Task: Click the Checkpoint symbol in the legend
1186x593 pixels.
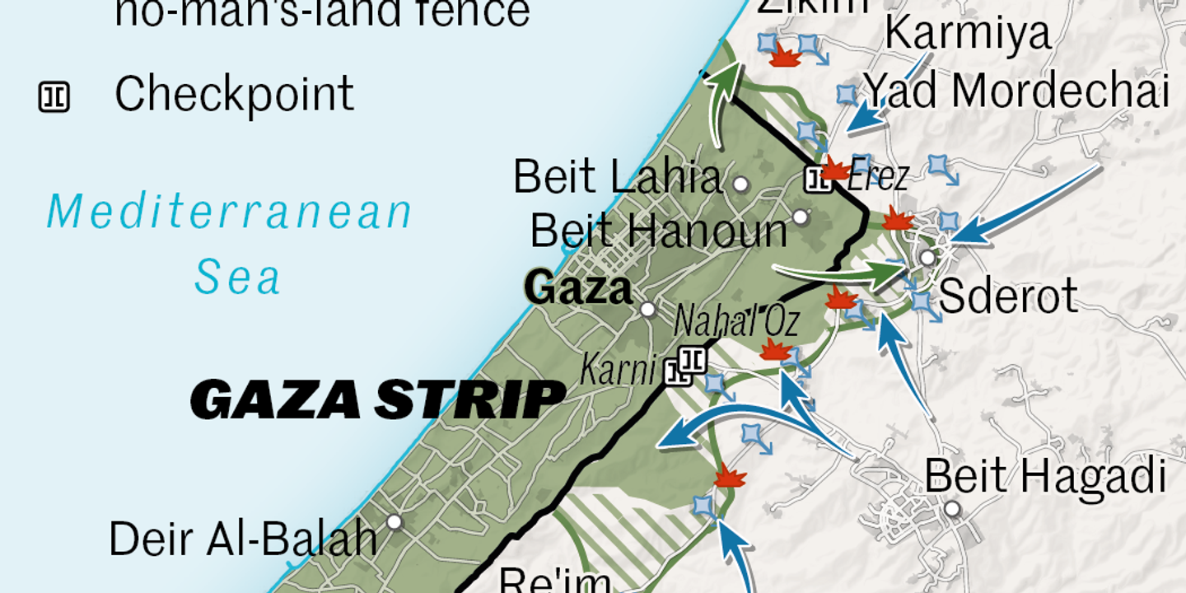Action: tap(54, 97)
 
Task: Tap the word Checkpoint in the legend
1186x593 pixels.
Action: tap(234, 94)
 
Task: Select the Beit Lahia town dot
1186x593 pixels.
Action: tap(740, 184)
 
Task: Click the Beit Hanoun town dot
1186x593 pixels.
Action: tap(800, 217)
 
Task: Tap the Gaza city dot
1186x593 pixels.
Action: tap(648, 310)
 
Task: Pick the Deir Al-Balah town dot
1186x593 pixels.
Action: tap(395, 522)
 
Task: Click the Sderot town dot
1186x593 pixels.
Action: tap(927, 258)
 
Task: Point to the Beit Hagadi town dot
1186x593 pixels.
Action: tap(952, 509)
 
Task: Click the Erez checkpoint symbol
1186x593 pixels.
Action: tap(818, 178)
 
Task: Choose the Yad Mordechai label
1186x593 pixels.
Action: tap(1016, 91)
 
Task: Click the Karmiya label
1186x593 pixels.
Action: tap(968, 35)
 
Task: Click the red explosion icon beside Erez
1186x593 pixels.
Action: tap(835, 169)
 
